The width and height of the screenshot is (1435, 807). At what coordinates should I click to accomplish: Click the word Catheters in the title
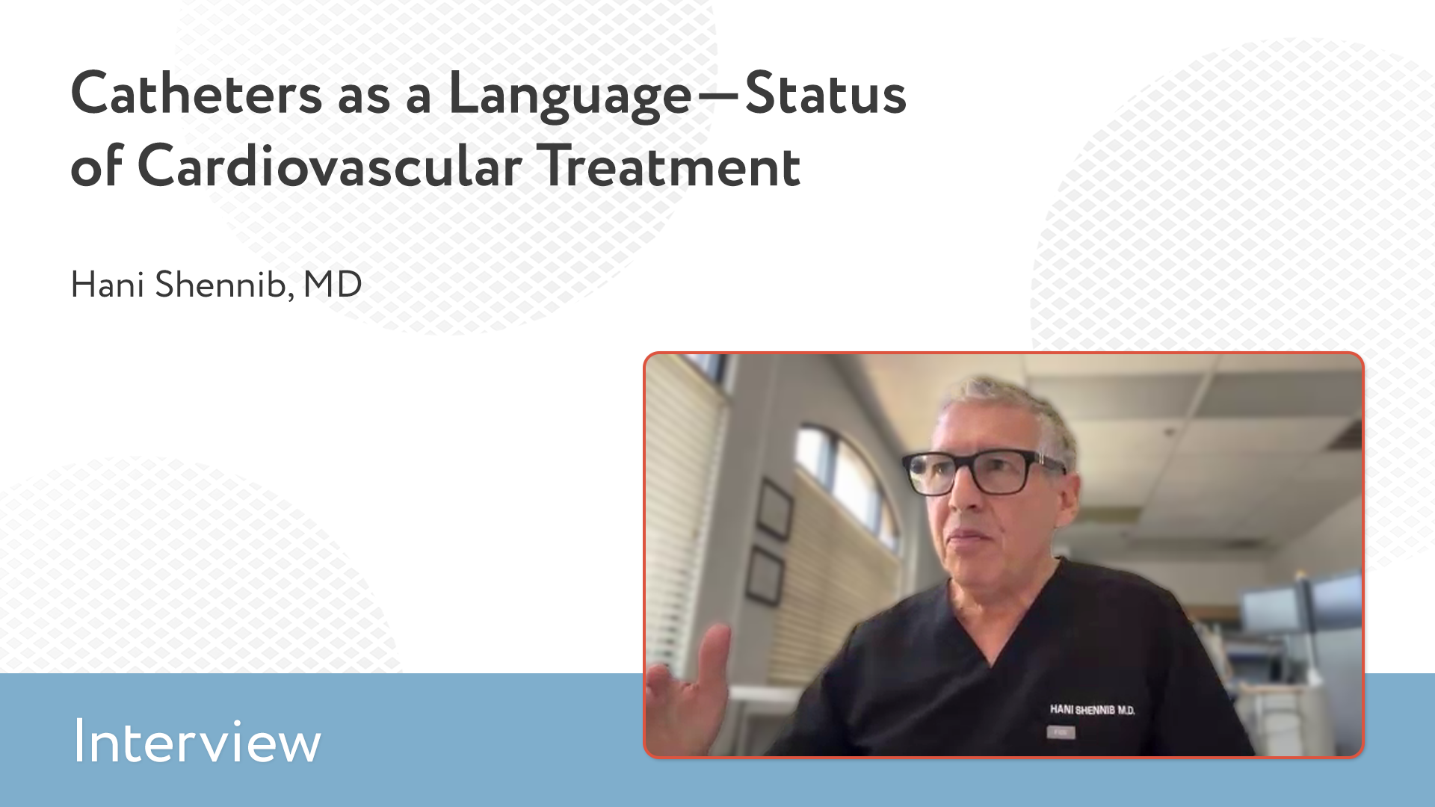click(197, 94)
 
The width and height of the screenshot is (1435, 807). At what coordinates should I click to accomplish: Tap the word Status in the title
click(825, 94)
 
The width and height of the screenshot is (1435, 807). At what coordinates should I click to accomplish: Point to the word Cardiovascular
click(330, 166)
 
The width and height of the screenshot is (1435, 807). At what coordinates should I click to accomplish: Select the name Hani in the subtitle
click(107, 285)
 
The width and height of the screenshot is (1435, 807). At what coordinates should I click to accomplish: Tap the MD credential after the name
click(333, 285)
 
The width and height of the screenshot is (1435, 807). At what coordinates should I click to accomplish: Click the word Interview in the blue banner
click(197, 742)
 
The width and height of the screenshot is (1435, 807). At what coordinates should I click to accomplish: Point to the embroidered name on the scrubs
click(1092, 710)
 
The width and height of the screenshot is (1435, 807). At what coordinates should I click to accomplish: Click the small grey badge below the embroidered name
click(1061, 733)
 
